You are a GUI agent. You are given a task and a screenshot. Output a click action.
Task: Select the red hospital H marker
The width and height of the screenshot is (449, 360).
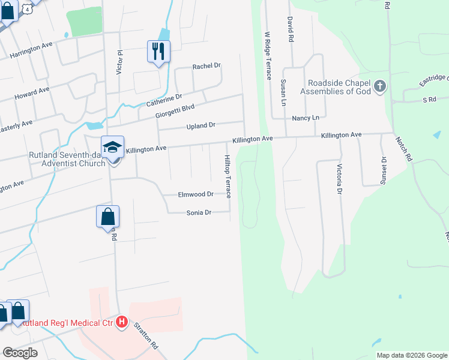pyautogui.click(x=122, y=322)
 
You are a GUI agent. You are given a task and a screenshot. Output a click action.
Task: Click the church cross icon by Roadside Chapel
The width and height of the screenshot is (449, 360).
pyautogui.click(x=379, y=87)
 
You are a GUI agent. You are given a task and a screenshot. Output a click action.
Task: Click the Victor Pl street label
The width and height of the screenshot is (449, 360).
pyautogui.click(x=119, y=62)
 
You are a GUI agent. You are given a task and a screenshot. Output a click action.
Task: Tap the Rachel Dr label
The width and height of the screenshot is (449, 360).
pyautogui.click(x=206, y=66)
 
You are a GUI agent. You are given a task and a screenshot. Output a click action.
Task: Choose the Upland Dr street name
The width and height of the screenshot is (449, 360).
pyautogui.click(x=200, y=126)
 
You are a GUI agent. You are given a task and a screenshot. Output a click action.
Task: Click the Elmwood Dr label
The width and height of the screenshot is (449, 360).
pyautogui.click(x=196, y=194)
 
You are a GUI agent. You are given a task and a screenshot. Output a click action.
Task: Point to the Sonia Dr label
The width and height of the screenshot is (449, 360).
pyautogui.click(x=199, y=212)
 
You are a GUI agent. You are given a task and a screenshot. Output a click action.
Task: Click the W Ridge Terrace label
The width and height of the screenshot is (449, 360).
pyautogui.click(x=268, y=56)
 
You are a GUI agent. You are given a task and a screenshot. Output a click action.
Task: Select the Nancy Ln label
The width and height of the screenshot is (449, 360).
pyautogui.click(x=306, y=119)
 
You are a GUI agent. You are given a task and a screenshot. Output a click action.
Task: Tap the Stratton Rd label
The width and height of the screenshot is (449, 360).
pyautogui.click(x=145, y=337)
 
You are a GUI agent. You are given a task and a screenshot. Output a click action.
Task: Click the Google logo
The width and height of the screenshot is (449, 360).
pyautogui.click(x=20, y=353)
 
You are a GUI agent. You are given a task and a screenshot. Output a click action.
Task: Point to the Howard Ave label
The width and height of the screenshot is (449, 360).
pyautogui.click(x=32, y=94)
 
